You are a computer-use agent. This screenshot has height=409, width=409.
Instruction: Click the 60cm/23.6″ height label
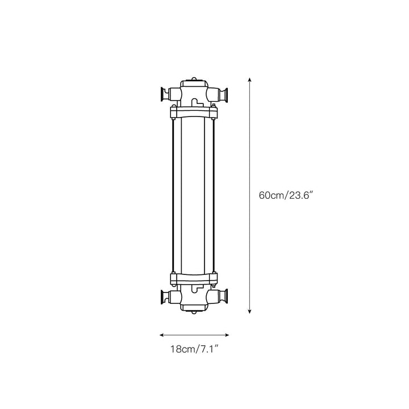point(285,195)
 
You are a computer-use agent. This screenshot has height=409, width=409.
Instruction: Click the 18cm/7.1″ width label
point(194,349)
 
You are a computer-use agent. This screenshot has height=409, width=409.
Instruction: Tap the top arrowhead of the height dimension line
point(249,80)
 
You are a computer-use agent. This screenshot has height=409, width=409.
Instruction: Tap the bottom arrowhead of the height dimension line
point(249,311)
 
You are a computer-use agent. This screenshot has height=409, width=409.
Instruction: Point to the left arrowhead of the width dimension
point(162,335)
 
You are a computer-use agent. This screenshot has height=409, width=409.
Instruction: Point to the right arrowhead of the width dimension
point(227,335)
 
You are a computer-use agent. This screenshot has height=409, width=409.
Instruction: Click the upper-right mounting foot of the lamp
point(224,94)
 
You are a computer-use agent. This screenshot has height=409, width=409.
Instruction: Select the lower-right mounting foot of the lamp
point(224,297)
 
